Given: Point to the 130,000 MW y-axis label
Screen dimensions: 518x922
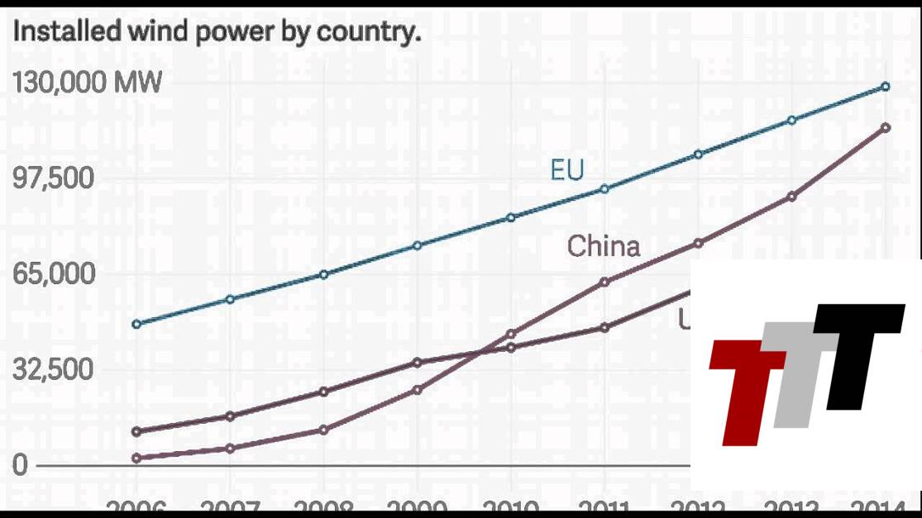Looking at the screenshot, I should coord(87,83).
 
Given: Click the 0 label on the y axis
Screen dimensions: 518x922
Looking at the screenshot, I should coord(20,464).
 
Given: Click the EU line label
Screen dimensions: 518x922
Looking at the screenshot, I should coord(566,170).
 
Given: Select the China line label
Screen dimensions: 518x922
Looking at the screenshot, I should coord(603,245).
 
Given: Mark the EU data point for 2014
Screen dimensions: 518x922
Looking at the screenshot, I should coord(885,86).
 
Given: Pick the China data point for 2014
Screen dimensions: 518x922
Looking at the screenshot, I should coord(885,127).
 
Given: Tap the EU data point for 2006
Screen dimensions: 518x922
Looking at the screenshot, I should coord(136,324).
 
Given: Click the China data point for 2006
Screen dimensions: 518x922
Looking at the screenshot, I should coord(136,458).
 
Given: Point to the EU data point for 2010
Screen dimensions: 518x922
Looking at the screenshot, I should coord(511,217).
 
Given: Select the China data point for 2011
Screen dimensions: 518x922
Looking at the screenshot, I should coord(604,282).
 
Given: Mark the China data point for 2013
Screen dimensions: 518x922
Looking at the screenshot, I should coord(791,197).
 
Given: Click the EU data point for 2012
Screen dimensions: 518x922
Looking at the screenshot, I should coord(698,154).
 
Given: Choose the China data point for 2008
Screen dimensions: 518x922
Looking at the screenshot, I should coord(323,430).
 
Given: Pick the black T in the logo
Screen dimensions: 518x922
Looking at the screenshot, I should coord(856,351).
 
